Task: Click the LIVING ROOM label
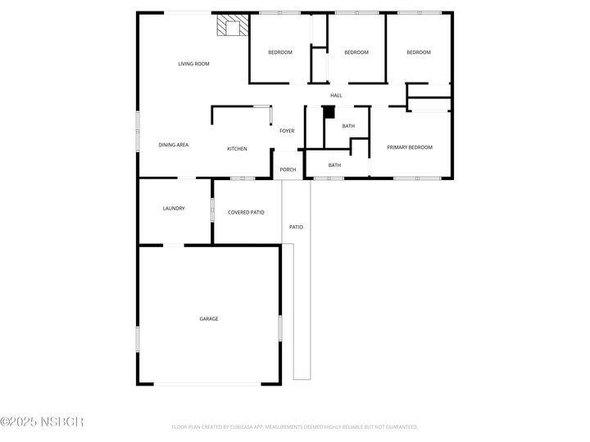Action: (194, 63)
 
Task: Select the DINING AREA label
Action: (174, 145)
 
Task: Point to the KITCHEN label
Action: (238, 148)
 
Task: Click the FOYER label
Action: (287, 131)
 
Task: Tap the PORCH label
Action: (288, 169)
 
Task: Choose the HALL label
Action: (336, 96)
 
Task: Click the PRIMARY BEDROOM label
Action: (410, 147)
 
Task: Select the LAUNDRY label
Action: (174, 208)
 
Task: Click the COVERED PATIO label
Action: (246, 212)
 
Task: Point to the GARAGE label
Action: (209, 318)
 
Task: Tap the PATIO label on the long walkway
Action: (296, 227)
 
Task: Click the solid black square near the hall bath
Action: (329, 112)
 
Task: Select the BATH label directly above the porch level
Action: (334, 165)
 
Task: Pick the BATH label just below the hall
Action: (348, 126)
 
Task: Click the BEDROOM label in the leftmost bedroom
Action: (280, 52)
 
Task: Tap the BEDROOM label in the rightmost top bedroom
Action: (419, 52)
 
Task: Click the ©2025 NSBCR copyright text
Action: (42, 422)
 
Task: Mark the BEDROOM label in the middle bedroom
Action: (356, 52)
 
